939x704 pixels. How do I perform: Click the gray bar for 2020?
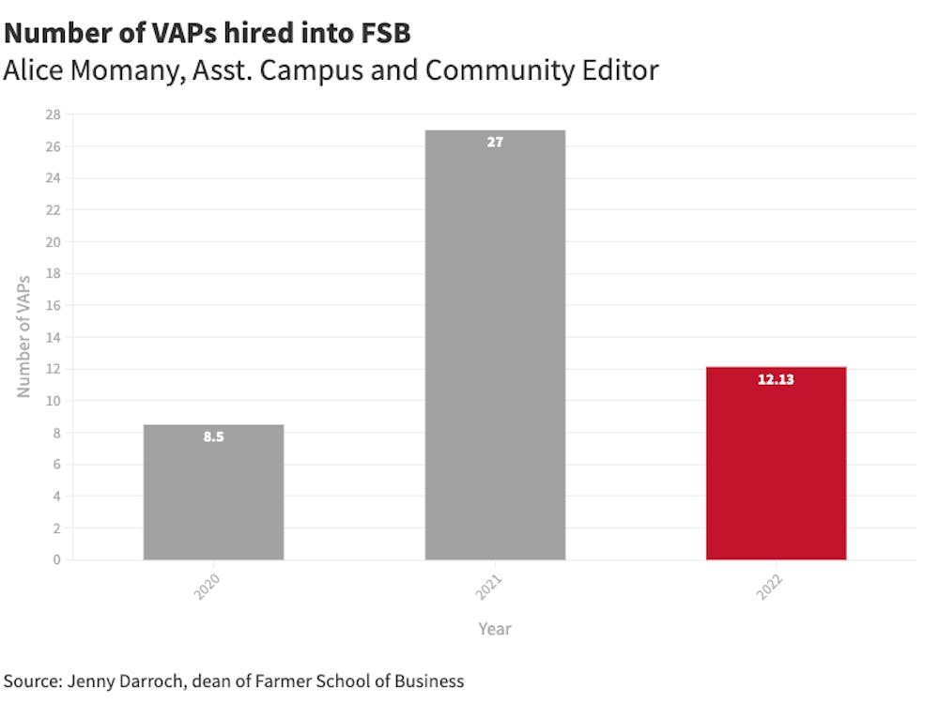213,492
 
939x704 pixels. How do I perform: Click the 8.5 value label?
213,436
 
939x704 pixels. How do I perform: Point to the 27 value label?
495,143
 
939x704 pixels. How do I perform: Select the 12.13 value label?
776,380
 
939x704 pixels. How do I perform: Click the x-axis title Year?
495,628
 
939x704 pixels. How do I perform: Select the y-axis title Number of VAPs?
24,336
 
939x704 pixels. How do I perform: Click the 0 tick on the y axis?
57,559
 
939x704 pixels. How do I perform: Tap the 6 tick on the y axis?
57,464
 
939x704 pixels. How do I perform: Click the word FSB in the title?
384,34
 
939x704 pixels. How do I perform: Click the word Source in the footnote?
31,681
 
